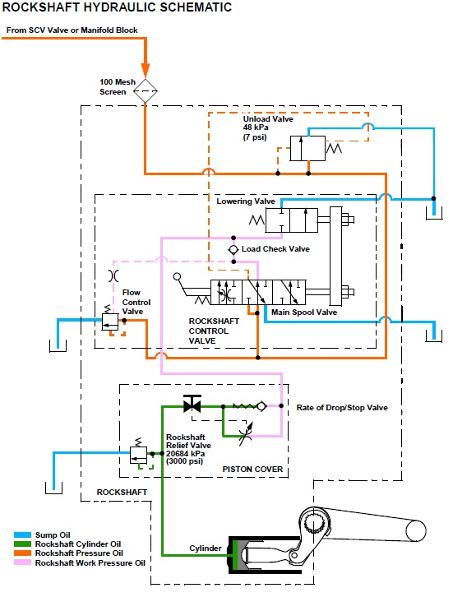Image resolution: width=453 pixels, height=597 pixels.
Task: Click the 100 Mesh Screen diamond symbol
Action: (145, 91)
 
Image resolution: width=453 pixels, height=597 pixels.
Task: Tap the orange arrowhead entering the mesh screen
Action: (145, 69)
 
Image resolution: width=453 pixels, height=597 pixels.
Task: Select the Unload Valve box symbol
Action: (307, 149)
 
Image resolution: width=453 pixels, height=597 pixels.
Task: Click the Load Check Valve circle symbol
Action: (233, 249)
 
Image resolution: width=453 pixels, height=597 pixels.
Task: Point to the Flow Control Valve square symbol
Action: (110, 322)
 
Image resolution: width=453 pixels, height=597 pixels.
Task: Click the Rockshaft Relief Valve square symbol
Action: (139, 455)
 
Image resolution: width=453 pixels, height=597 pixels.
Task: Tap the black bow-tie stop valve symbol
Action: (192, 405)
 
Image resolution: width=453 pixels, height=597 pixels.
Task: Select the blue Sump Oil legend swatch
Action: (22, 535)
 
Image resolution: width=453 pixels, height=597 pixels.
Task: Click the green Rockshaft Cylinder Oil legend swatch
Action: (22, 544)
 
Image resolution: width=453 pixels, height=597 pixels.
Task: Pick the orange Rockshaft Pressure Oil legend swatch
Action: (22, 553)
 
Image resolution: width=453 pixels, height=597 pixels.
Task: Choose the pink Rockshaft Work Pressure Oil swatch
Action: (22, 562)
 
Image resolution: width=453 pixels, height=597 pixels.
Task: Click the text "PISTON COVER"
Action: (252, 469)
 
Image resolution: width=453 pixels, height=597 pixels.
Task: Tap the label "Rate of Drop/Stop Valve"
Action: (342, 408)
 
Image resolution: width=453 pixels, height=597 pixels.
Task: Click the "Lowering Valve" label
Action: (246, 201)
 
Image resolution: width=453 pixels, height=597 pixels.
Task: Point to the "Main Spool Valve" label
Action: (304, 312)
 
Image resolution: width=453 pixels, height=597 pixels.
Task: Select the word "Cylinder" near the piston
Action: (206, 548)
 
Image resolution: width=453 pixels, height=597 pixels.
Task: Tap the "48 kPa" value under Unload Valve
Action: (256, 127)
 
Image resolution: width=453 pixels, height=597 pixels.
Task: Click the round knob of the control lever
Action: (177, 277)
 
